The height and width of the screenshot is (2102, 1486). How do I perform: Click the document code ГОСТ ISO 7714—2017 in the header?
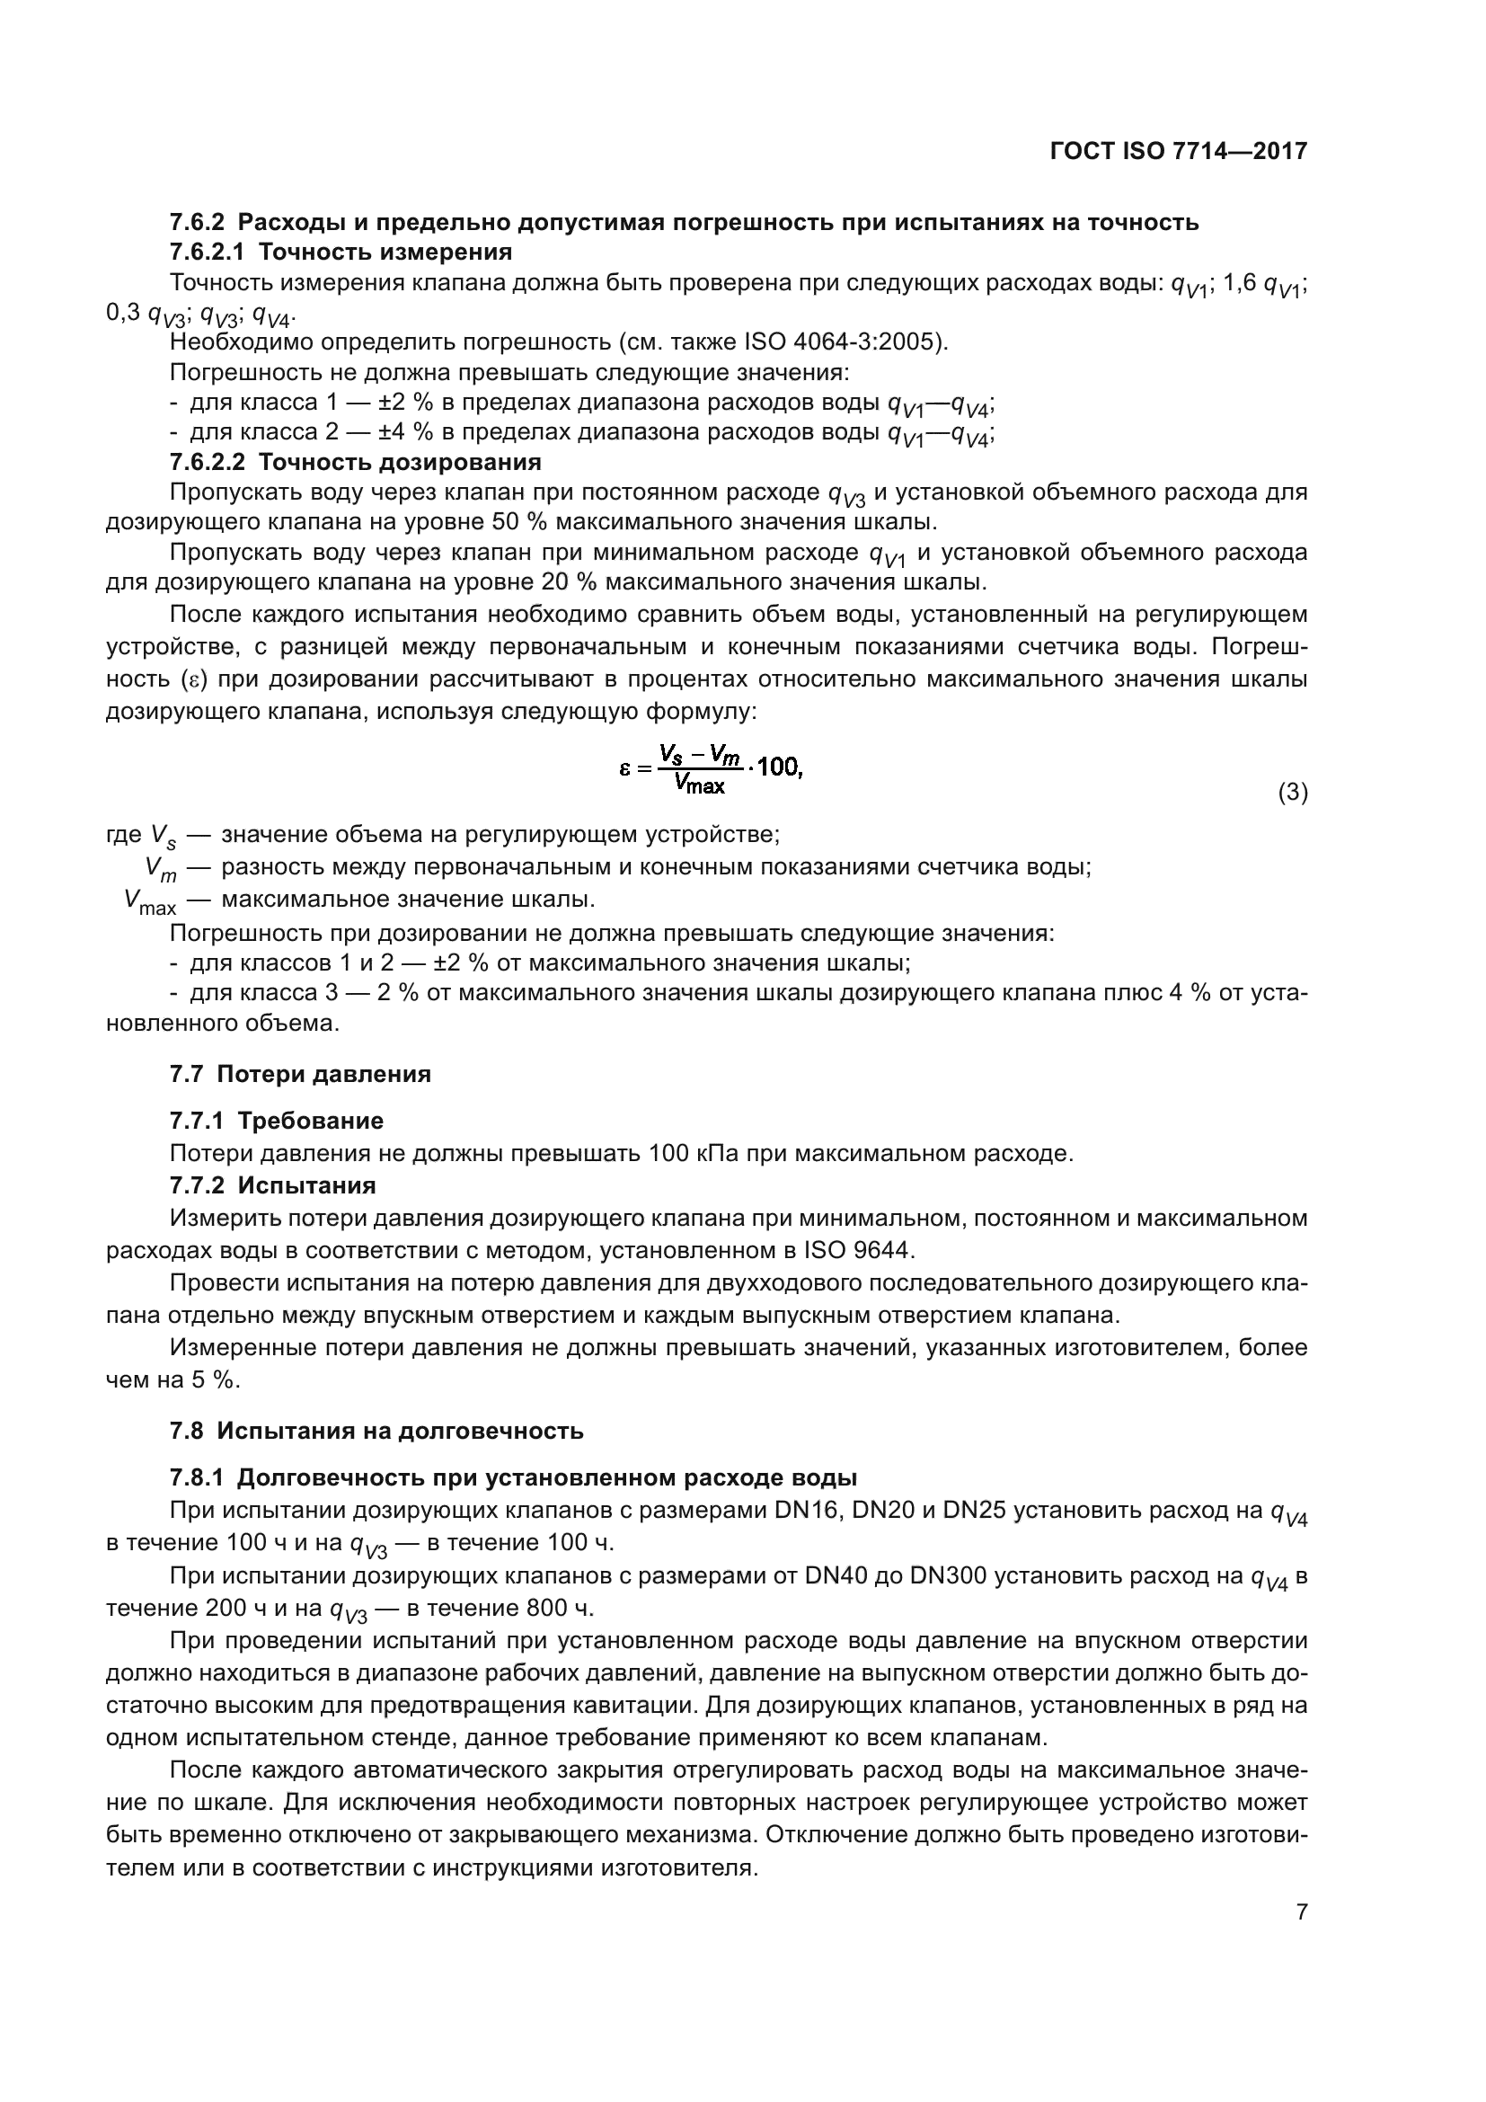point(1179,151)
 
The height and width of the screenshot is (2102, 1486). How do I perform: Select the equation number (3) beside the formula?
point(1292,792)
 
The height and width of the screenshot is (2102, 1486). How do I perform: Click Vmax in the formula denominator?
point(699,785)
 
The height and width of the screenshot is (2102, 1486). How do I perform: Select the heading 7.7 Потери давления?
point(300,1074)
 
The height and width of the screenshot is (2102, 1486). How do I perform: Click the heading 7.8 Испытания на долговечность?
point(376,1430)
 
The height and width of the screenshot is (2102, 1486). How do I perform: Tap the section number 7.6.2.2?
point(207,461)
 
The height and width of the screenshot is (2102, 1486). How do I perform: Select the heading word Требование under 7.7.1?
point(310,1121)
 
